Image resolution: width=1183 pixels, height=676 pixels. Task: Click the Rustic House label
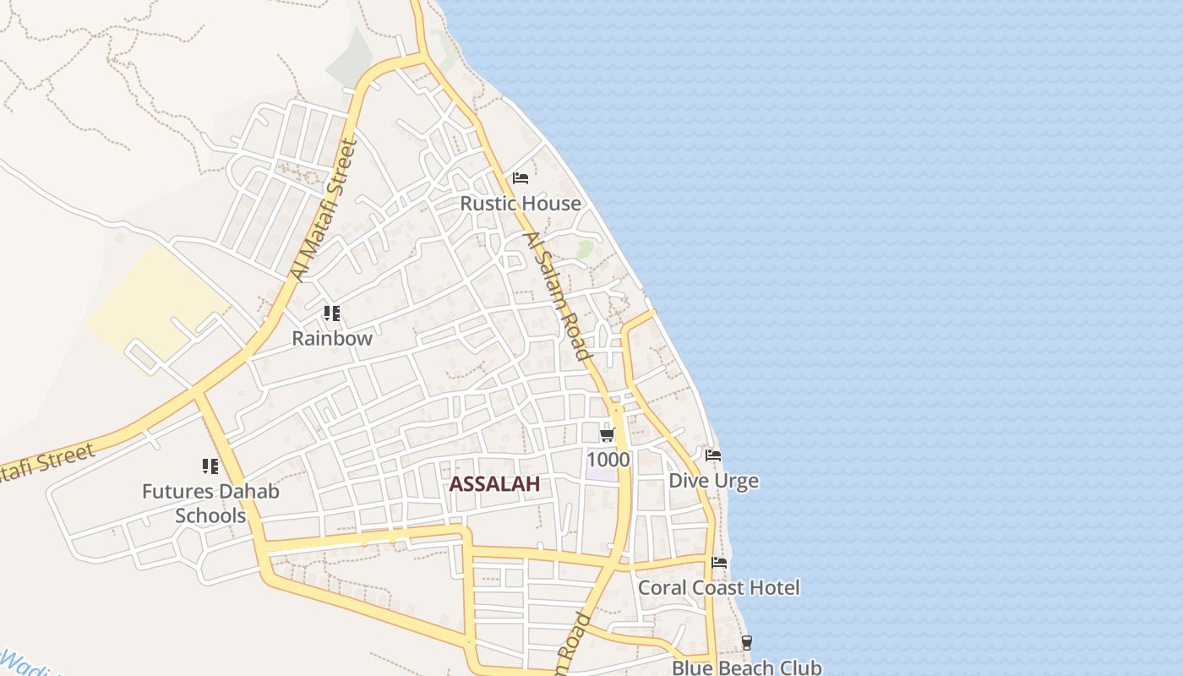521,204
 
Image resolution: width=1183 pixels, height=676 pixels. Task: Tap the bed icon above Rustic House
521,178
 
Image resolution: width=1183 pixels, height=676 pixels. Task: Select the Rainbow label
332,339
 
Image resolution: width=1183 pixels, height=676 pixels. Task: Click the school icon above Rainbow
332,314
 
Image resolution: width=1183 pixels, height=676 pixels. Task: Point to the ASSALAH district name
494,484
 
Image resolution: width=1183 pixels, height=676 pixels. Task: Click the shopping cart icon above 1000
607,436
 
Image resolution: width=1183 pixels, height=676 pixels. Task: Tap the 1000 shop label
608,460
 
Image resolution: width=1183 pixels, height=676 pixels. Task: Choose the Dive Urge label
713,481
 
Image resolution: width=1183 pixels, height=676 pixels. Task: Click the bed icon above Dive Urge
713,455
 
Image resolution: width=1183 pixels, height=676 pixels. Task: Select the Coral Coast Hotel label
718,587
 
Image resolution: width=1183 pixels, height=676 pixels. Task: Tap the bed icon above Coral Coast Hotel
719,563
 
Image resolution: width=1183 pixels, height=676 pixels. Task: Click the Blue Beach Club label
746,668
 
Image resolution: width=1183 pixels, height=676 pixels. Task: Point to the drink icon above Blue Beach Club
746,643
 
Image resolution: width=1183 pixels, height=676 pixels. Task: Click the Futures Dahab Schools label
210,504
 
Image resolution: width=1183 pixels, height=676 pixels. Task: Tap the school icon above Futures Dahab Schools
210,466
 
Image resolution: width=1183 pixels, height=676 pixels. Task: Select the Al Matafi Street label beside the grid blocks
324,210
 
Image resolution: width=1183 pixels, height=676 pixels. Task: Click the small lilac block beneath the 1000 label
602,474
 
